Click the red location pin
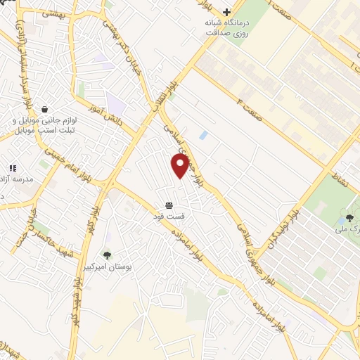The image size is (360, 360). click(x=180, y=166)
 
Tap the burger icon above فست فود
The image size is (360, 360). click(x=169, y=205)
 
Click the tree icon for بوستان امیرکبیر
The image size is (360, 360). click(x=107, y=256)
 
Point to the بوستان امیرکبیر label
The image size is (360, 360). click(x=107, y=268)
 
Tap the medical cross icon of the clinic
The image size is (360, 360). click(x=226, y=12)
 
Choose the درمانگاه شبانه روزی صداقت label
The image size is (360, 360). click(x=226, y=28)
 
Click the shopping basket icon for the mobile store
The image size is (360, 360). click(x=45, y=110)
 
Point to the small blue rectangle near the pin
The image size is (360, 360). click(x=204, y=134)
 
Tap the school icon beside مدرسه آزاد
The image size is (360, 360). click(x=13, y=169)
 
